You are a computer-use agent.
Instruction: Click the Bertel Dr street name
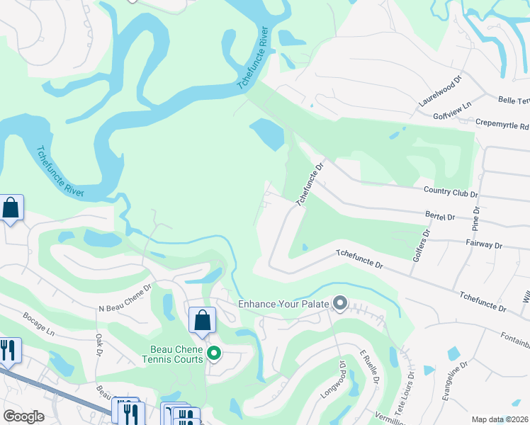click(460, 217)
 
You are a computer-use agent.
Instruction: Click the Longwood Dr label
click(342, 375)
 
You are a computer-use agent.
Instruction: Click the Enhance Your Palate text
click(283, 304)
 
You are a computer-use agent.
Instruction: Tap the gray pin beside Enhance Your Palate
click(339, 304)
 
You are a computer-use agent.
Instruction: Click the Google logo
click(23, 416)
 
